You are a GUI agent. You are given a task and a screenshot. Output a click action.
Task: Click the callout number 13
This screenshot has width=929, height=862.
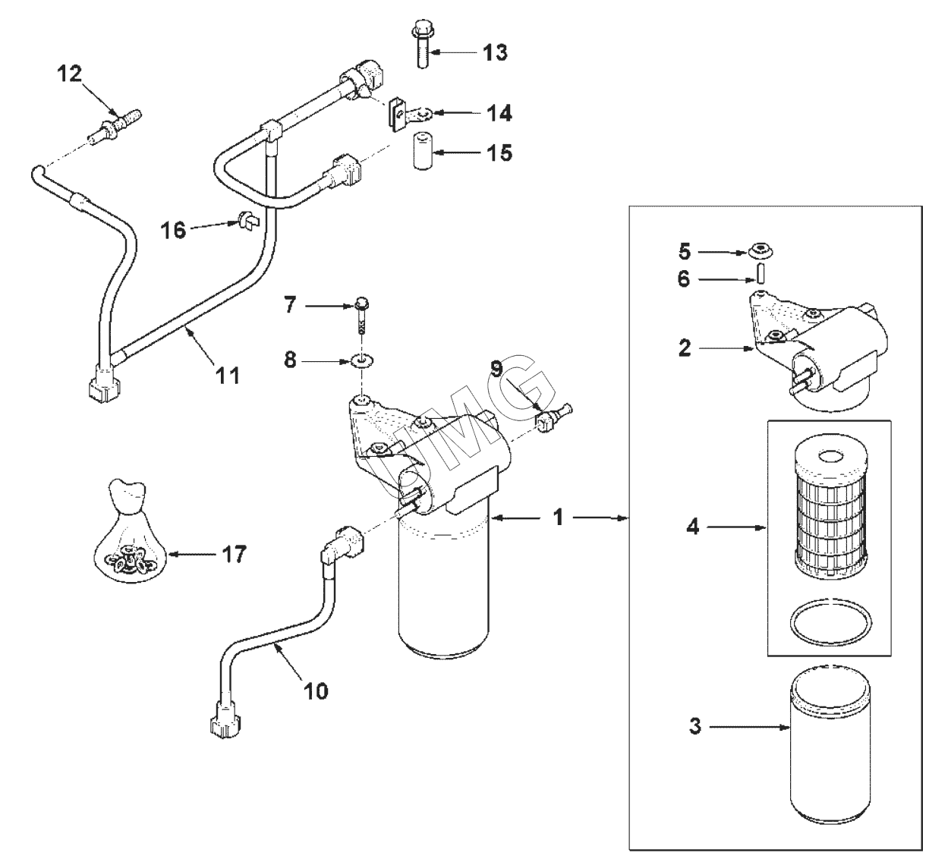pos(495,52)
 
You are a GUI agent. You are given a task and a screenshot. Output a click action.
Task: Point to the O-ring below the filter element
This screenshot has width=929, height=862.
pos(830,621)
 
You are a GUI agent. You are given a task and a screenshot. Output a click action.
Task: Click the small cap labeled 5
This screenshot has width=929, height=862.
pos(758,250)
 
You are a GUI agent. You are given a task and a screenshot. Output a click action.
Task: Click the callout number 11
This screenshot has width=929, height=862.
pos(228,374)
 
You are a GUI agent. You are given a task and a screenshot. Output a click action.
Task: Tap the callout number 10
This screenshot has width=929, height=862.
pos(316,691)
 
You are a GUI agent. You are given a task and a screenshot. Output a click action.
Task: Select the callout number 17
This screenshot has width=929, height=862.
pos(235,555)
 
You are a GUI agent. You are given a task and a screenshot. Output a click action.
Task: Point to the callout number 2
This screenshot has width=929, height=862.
pos(685,349)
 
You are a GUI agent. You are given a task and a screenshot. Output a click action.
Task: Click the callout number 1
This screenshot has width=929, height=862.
pos(559,518)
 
